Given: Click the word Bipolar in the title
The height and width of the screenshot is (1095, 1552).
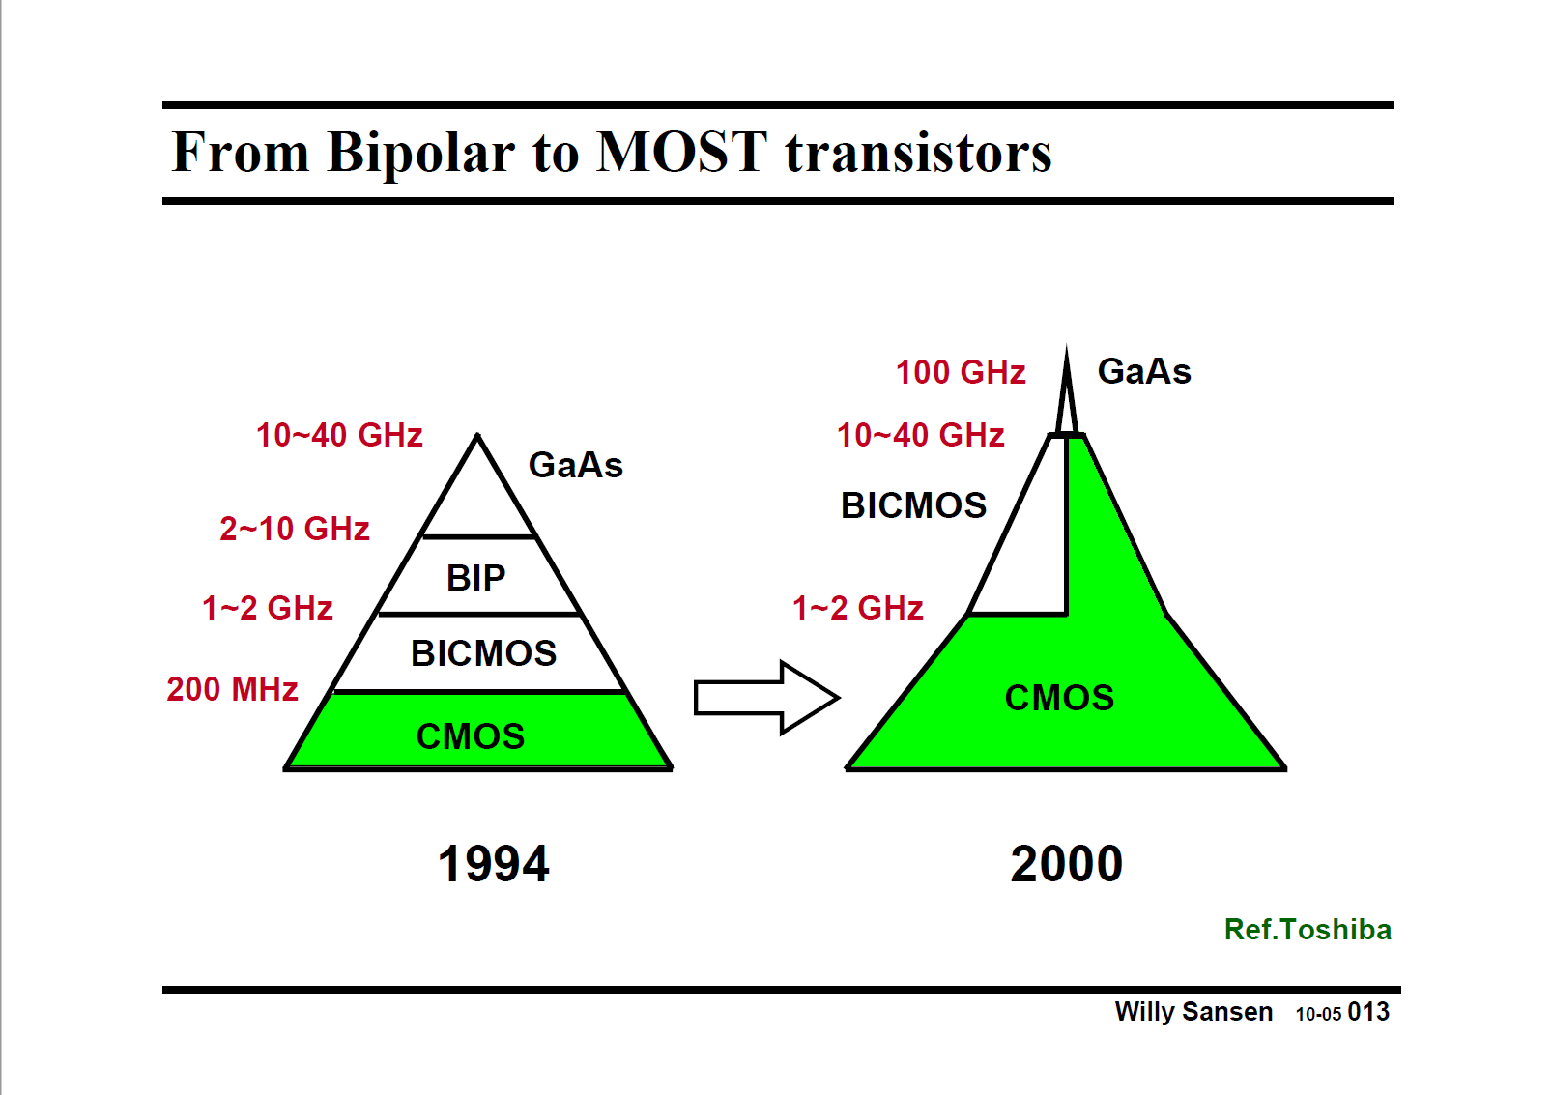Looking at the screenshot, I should coord(420,153).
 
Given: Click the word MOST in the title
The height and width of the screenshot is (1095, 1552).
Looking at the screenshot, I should coord(681,153).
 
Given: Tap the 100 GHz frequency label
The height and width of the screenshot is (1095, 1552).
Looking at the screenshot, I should coord(960,372).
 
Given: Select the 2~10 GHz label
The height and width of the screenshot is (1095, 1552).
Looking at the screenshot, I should coord(294,529).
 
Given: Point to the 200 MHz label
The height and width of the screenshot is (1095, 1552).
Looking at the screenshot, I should coord(232,689).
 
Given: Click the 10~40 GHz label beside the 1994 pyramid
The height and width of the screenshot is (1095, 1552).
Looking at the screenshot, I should coord(339,435).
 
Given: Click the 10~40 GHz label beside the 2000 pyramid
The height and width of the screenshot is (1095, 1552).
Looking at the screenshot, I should coord(920,435).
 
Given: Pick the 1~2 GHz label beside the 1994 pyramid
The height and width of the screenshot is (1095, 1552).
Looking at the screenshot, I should coord(267,608).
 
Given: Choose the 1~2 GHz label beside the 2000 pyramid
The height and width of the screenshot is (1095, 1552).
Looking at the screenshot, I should coord(857,608).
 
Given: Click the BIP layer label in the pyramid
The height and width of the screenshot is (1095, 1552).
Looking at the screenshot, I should coord(475,578).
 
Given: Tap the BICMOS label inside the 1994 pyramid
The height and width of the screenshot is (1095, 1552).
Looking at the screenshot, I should coord(483,653).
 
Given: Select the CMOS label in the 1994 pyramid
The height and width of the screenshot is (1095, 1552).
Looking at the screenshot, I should coord(470,736).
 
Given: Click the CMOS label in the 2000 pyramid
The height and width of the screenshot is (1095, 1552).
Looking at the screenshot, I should coord(1059,698).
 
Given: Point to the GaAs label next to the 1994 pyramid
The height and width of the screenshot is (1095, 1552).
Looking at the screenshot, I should coord(575,465).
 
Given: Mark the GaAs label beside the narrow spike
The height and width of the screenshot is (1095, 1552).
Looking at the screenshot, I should coord(1144,371).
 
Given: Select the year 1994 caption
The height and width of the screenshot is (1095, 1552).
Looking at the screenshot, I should coord(493,863).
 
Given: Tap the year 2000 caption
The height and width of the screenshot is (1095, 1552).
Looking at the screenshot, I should coord(1066,863).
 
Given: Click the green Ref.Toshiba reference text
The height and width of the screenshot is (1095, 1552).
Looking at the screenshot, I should coord(1307,929).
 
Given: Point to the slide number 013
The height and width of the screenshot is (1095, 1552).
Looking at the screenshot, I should coord(1368,1012).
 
